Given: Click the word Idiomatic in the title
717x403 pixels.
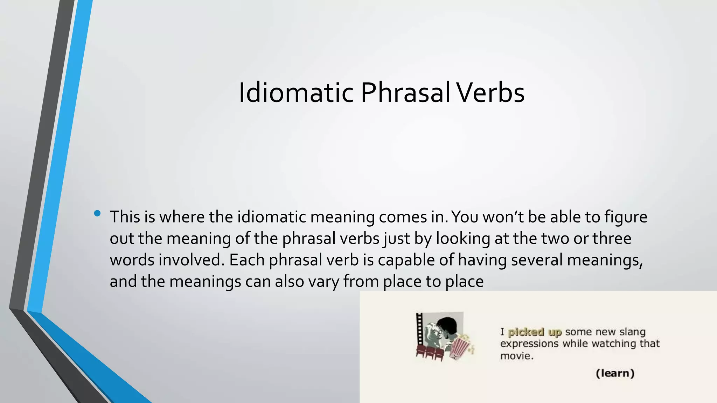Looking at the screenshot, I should pos(296,93).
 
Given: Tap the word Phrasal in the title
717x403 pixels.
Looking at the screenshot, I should pos(405,93).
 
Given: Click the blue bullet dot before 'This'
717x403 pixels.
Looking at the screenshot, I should pos(97,213).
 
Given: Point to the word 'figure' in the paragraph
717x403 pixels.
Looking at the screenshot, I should pos(626,217).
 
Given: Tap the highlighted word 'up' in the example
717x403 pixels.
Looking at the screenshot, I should pos(555,332).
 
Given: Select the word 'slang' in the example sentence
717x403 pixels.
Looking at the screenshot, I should pos(632,332).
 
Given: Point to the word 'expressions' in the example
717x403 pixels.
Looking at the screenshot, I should pos(529,344).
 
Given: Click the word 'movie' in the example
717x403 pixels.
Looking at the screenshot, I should pos(516,356).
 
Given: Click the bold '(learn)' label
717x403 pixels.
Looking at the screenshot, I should pos(615,373).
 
